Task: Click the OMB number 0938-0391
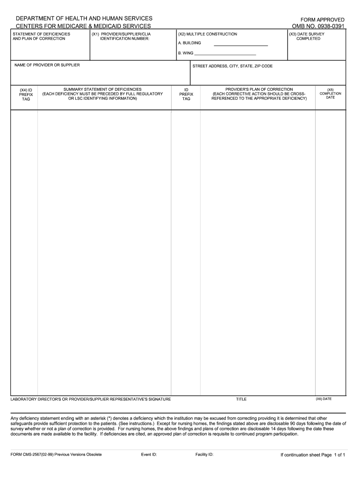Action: point(318,26)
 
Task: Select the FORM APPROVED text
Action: point(322,20)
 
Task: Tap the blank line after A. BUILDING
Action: point(241,45)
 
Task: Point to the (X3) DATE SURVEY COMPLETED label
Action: point(307,36)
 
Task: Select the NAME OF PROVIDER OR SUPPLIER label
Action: point(47,65)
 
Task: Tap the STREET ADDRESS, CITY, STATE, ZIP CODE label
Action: point(232,66)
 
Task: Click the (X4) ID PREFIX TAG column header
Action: point(26,94)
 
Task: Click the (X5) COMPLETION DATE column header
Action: point(330,94)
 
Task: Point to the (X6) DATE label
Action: point(324,399)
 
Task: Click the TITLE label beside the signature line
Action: point(241,399)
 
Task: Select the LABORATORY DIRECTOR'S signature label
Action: point(91,399)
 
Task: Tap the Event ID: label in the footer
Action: point(149,455)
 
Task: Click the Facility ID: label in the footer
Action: point(204,455)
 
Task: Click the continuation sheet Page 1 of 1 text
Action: point(312,455)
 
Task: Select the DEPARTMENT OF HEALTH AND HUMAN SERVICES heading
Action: point(84,18)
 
